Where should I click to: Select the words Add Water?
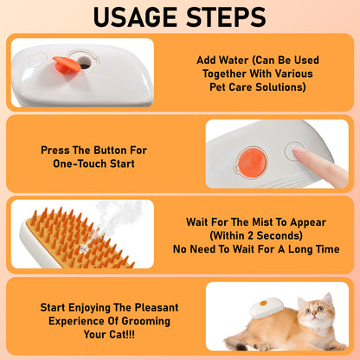pos(219,61)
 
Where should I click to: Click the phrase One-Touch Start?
pos(93,163)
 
